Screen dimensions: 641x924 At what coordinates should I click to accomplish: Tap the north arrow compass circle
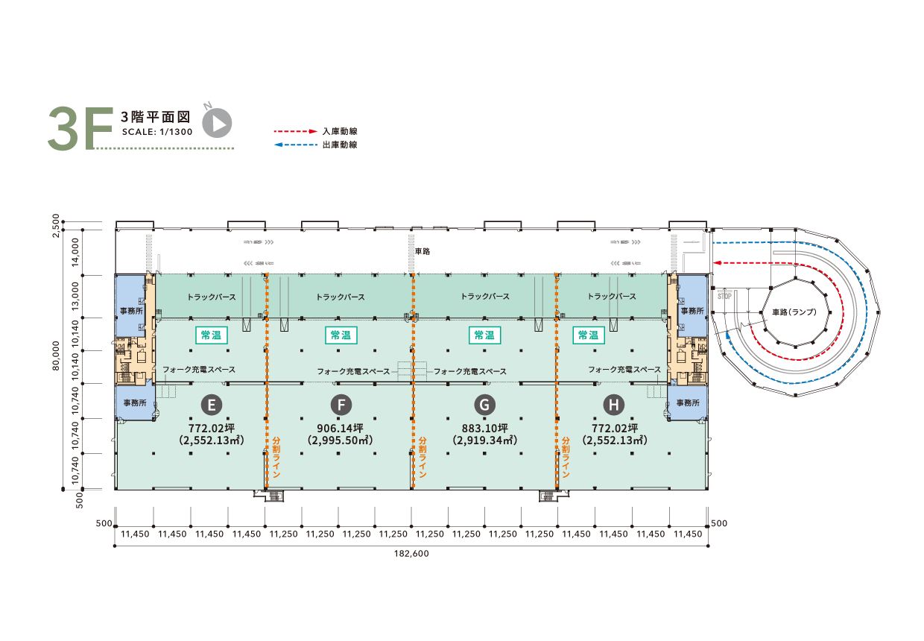point(218,123)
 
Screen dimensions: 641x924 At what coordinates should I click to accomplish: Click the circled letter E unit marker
point(212,405)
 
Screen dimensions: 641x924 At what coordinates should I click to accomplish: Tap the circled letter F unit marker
point(341,405)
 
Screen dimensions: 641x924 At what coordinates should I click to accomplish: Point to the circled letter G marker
point(484,405)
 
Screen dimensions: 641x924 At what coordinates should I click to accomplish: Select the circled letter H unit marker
point(613,405)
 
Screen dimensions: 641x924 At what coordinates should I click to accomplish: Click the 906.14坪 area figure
point(341,428)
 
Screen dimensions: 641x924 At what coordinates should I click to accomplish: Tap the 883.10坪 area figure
point(484,428)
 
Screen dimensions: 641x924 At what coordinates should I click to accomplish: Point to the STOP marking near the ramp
point(724,296)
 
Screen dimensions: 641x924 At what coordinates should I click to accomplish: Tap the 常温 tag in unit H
point(588,335)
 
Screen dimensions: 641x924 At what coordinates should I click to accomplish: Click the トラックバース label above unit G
point(485,297)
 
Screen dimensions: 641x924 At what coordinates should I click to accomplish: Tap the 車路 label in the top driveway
point(423,252)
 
